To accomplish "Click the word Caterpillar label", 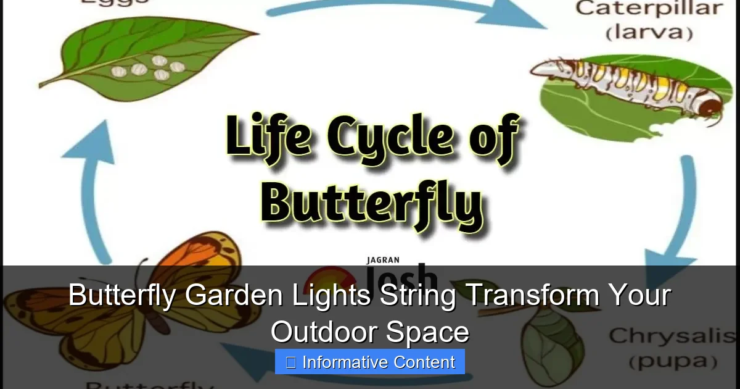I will click(x=649, y=9).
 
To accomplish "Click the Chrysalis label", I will click(x=672, y=337).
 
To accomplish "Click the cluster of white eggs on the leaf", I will click(x=148, y=67).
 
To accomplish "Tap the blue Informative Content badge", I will click(x=370, y=362).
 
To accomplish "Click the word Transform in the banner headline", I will click(x=531, y=296).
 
